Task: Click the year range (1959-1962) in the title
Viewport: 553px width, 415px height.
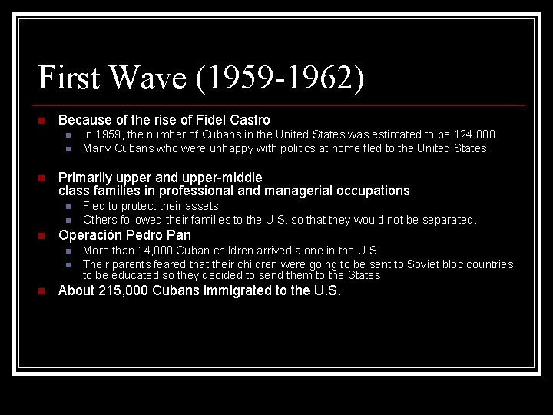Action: tap(280, 78)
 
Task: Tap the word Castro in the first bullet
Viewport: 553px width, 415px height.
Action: tap(250, 120)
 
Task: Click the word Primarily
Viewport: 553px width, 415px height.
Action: tap(84, 178)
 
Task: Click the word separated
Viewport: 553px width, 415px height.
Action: tap(443, 220)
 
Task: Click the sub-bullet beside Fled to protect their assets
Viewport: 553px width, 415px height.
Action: tap(68, 207)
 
